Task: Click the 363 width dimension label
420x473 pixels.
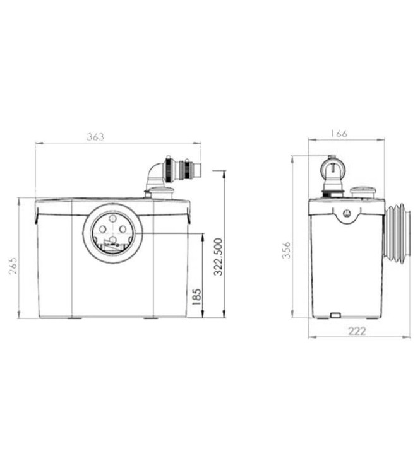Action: pyautogui.click(x=95, y=136)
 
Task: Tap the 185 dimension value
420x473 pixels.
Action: pyautogui.click(x=196, y=296)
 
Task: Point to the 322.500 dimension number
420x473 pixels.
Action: pyautogui.click(x=219, y=257)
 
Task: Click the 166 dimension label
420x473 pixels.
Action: pyautogui.click(x=339, y=133)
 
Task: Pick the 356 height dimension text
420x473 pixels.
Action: pyautogui.click(x=286, y=252)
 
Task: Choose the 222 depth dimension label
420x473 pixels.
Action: pyautogui.click(x=357, y=331)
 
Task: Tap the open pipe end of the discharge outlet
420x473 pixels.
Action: pyautogui.click(x=197, y=170)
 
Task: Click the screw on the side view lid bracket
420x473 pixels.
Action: pyautogui.click(x=346, y=213)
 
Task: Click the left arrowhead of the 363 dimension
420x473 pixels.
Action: pyautogui.click(x=38, y=143)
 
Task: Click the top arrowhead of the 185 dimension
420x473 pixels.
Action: pyautogui.click(x=202, y=236)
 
